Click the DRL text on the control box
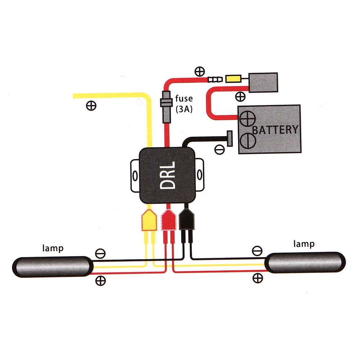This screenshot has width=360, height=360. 168,175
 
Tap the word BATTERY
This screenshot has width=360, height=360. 275,130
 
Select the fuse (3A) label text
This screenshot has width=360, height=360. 184,104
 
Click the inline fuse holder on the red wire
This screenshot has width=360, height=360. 166,107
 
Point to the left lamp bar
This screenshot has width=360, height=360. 53,267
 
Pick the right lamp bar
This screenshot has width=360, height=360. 305,262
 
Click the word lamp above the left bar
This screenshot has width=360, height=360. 53,248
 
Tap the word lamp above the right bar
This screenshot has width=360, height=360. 304,244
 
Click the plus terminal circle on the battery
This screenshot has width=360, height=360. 248,118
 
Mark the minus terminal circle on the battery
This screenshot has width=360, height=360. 248,140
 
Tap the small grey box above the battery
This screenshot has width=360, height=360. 264,82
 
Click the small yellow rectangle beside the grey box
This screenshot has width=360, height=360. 233,79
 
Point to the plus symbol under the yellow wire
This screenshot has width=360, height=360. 91,106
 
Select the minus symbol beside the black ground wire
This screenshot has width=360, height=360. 219,149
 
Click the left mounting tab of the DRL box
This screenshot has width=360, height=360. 135,176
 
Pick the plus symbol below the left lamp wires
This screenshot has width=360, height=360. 100,280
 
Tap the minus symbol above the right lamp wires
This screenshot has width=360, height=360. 257,251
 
